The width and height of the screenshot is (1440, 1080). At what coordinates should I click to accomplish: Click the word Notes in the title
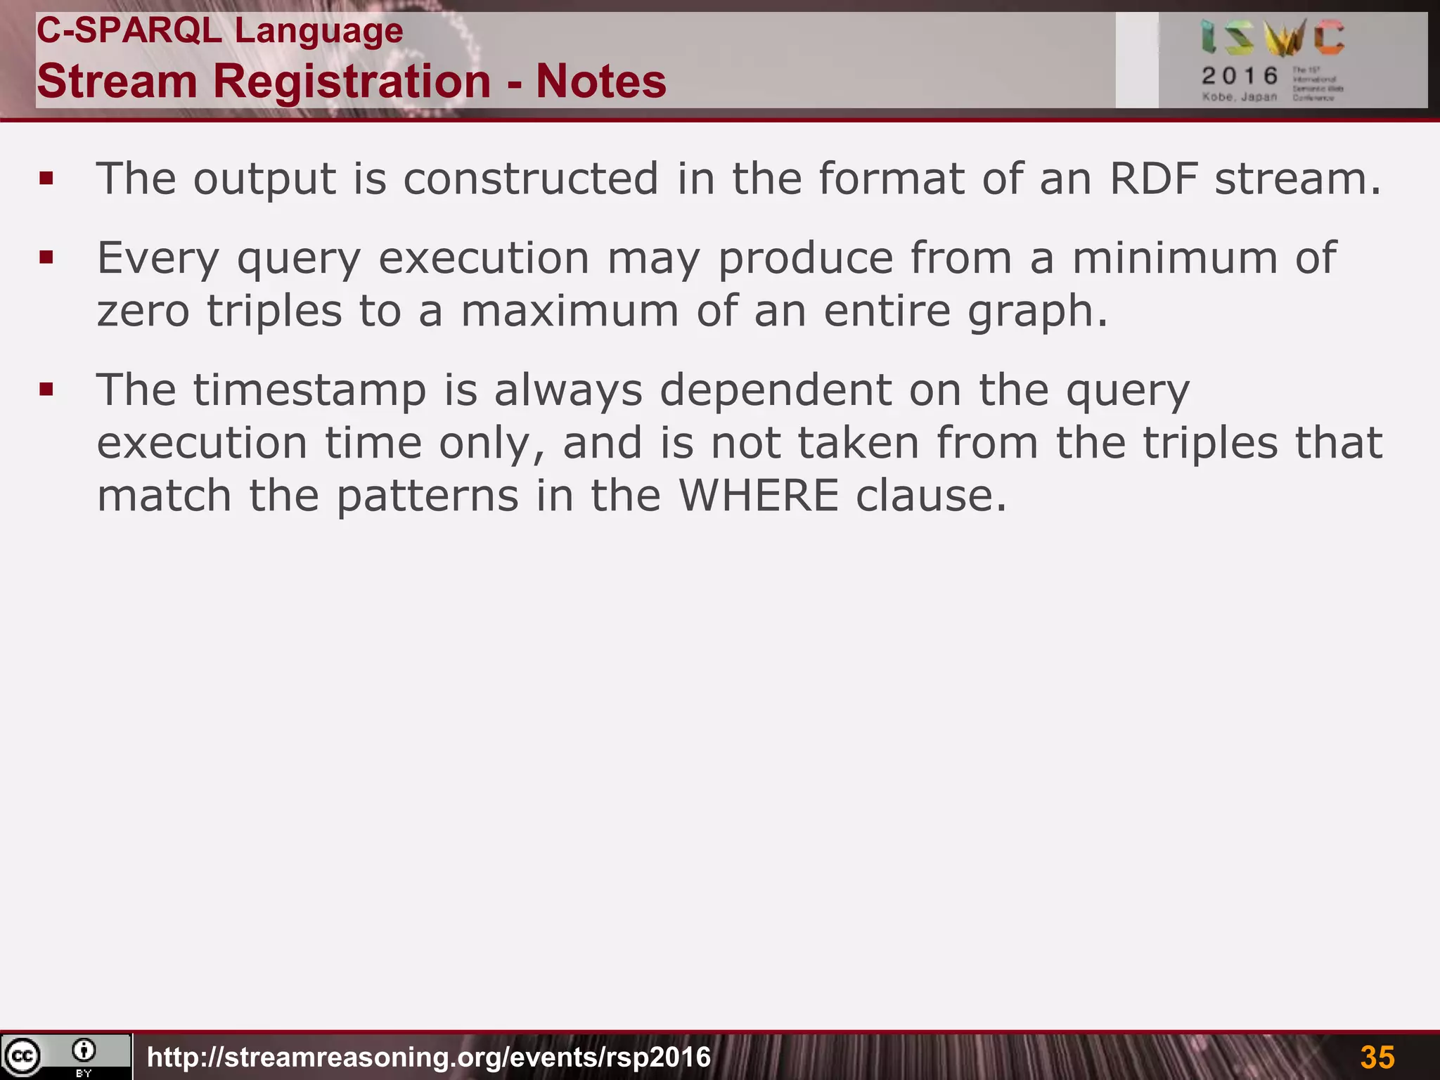coord(600,81)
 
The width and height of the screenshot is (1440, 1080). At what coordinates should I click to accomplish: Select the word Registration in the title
coord(352,81)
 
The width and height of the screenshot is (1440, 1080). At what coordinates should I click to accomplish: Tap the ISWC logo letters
coord(1273,38)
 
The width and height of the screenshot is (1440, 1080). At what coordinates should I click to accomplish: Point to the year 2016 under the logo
coord(1240,76)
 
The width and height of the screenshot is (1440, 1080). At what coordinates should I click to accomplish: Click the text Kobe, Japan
coord(1239,97)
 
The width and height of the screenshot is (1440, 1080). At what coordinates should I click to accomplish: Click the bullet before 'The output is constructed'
coord(47,179)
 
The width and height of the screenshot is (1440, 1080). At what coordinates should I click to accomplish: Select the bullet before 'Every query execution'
coord(47,257)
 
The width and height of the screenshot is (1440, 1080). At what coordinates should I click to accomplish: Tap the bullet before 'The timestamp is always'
coord(47,389)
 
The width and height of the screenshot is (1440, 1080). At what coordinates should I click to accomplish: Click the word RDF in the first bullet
coord(1153,179)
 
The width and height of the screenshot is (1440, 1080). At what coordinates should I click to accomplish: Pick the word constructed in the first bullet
coord(531,179)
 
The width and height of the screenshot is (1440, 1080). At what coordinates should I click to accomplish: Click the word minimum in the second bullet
coord(1174,257)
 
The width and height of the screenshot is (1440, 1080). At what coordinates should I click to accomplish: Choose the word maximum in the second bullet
coord(570,311)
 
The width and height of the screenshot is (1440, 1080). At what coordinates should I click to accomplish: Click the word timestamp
coord(310,390)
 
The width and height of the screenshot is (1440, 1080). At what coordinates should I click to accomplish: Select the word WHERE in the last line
coord(759,495)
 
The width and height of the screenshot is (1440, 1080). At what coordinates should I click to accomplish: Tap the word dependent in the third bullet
coord(776,390)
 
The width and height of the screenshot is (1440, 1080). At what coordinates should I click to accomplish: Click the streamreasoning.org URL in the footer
coord(429,1057)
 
